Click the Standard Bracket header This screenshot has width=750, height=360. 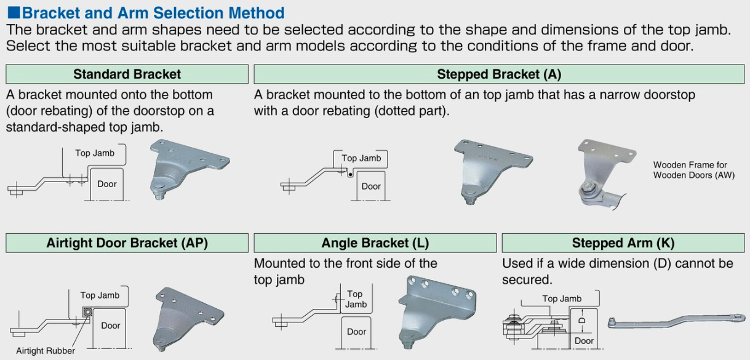127,74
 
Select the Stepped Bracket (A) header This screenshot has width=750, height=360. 498,74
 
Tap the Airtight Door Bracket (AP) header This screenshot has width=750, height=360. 127,243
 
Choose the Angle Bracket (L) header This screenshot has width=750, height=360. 375,243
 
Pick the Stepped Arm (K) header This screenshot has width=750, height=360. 623,243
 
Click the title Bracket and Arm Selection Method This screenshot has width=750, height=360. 153,12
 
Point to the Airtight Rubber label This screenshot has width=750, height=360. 46,351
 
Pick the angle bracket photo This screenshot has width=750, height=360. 439,311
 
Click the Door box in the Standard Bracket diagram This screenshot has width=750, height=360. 106,183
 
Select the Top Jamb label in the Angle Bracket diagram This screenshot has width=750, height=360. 355,299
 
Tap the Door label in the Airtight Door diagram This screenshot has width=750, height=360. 111,325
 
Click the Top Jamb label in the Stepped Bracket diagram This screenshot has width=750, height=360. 361,158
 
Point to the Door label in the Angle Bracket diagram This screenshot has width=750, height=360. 356,332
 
